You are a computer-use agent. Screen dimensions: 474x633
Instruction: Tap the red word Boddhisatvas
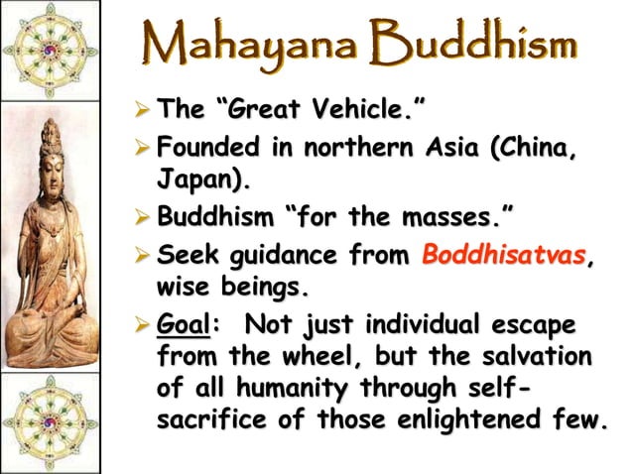point(503,255)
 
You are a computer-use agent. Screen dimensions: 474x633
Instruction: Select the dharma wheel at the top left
point(50,50)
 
